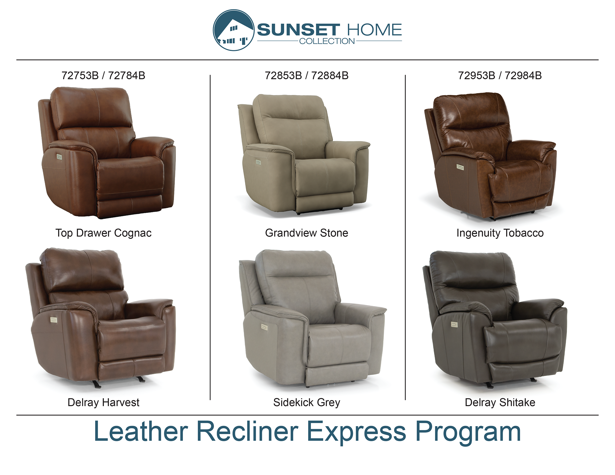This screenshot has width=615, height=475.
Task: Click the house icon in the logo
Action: (234, 30)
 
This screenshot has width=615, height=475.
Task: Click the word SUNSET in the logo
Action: (298, 30)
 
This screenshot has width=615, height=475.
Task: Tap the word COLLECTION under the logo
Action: (327, 41)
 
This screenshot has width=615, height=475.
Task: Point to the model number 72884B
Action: (330, 76)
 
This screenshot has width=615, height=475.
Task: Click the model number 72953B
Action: (477, 76)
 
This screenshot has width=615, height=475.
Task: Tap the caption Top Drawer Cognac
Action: (103, 233)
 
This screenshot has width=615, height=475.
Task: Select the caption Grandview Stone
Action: (307, 233)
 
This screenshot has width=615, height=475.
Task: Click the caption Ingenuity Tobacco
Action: (500, 233)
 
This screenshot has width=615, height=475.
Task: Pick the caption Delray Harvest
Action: (103, 402)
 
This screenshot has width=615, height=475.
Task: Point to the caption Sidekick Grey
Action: (307, 402)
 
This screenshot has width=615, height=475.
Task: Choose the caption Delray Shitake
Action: (500, 402)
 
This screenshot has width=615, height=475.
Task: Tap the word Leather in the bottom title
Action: (141, 431)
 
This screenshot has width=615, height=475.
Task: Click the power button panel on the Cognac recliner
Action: (59, 157)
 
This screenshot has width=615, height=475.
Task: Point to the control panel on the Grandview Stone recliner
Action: (258, 162)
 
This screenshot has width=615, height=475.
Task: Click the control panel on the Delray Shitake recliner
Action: (454, 324)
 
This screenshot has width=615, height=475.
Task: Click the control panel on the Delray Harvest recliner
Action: (54, 320)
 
